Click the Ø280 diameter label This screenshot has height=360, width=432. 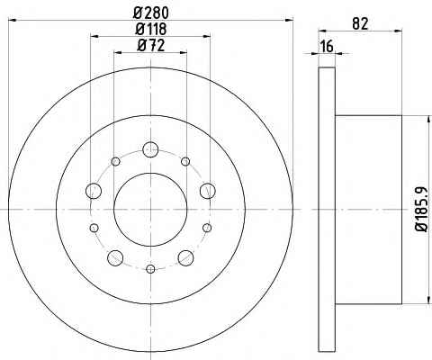coord(151,13)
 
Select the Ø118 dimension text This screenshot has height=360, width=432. coord(151,29)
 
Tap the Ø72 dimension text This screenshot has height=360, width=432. coord(151,46)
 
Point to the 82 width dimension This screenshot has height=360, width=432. coord(360,23)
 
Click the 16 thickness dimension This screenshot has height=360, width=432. coord(327,47)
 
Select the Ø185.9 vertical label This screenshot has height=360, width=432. coord(421,209)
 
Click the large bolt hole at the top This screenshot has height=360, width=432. coord(150,149)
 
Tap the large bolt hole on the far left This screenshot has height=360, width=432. coord(94,191)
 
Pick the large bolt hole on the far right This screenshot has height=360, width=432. coord(208,191)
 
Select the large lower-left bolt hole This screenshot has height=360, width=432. coord(115,257)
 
